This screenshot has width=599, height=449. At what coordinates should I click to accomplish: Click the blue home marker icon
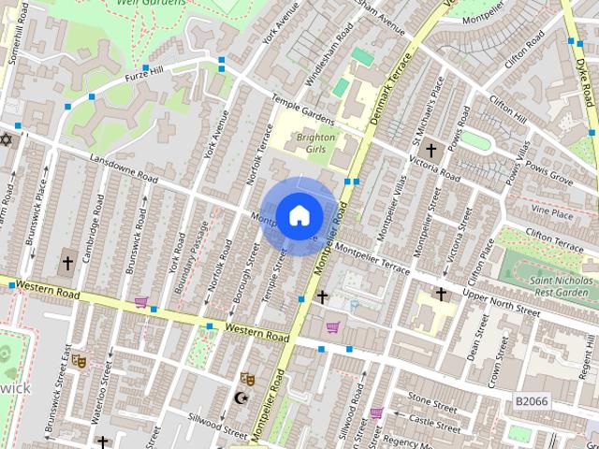point(299,216)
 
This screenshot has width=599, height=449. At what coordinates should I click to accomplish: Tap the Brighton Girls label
point(315,143)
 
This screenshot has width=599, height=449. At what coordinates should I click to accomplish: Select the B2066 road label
point(531,399)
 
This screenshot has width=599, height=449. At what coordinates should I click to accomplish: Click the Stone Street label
point(431,407)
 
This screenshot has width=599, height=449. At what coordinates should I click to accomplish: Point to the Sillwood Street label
point(216,427)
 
